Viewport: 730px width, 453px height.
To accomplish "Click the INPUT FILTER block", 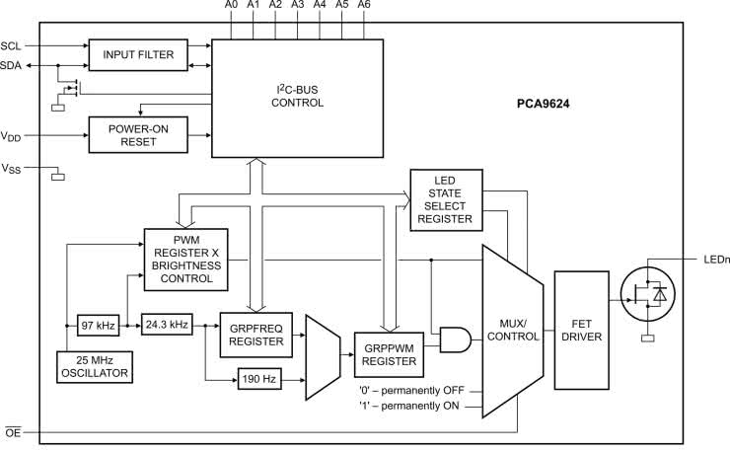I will (138, 54).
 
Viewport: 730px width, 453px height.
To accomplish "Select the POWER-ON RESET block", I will (138, 133).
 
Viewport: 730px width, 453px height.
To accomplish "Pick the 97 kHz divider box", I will (97, 325).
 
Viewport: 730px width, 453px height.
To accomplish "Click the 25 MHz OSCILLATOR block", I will (97, 366).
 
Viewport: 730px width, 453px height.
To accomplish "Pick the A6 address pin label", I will (364, 6).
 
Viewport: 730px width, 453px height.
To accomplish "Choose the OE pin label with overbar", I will (13, 431).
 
